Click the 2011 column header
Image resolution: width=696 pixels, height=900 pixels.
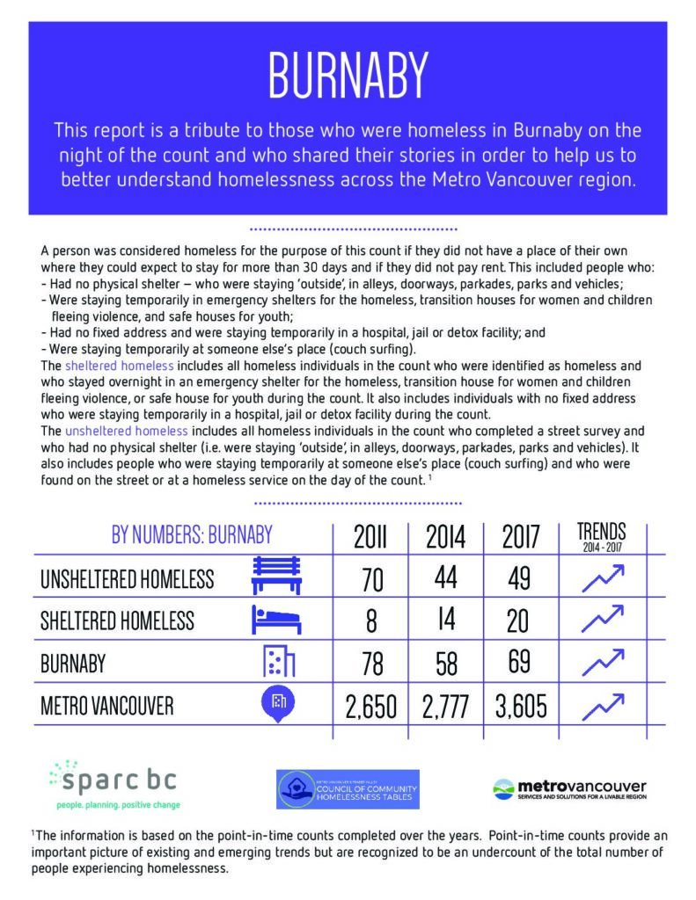[370, 536]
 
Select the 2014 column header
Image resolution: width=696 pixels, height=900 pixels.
[444, 536]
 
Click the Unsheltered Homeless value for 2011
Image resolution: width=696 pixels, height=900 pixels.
[370, 580]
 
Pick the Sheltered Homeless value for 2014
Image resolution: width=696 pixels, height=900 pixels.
[444, 621]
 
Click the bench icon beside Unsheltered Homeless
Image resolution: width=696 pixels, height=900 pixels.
[277, 576]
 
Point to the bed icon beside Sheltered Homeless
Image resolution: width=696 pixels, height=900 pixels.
[277, 619]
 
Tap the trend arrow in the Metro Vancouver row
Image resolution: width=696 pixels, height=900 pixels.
[603, 704]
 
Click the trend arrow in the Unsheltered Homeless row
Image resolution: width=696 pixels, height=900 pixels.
[603, 577]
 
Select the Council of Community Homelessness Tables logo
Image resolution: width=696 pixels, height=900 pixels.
[348, 788]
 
